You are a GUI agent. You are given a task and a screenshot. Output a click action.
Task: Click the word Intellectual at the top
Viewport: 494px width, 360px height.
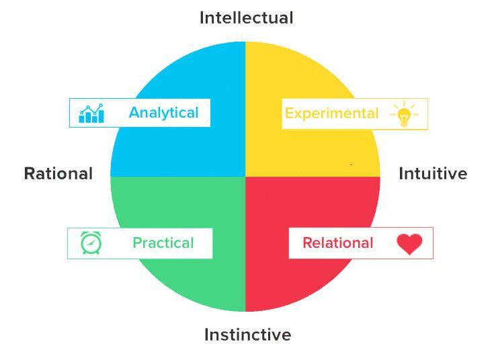(x=246, y=17)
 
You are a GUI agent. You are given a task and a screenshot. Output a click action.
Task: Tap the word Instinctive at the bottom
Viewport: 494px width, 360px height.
(x=247, y=334)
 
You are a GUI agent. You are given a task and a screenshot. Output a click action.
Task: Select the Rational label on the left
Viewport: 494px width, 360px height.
(x=58, y=173)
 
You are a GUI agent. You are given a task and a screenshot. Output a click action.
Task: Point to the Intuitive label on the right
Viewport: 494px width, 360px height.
(x=433, y=173)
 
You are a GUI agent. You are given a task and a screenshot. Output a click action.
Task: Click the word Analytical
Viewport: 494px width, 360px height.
(x=163, y=112)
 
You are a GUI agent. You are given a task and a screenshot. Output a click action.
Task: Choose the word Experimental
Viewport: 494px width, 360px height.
(x=331, y=114)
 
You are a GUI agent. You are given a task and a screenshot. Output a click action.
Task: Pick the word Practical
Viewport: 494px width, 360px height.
(x=163, y=242)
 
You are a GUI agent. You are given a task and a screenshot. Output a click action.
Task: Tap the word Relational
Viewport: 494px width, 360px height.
(x=337, y=242)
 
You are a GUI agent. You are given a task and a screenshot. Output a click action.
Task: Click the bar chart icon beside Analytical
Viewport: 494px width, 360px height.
(x=91, y=114)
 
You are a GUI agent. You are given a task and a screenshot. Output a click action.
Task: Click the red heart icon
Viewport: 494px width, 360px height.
(x=409, y=244)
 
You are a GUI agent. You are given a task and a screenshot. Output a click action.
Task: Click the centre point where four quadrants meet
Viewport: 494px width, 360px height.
(x=245, y=176)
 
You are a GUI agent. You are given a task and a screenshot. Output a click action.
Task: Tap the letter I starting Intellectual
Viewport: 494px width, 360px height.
(x=202, y=17)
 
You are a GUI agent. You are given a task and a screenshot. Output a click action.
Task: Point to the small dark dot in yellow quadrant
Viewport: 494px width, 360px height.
(x=351, y=164)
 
